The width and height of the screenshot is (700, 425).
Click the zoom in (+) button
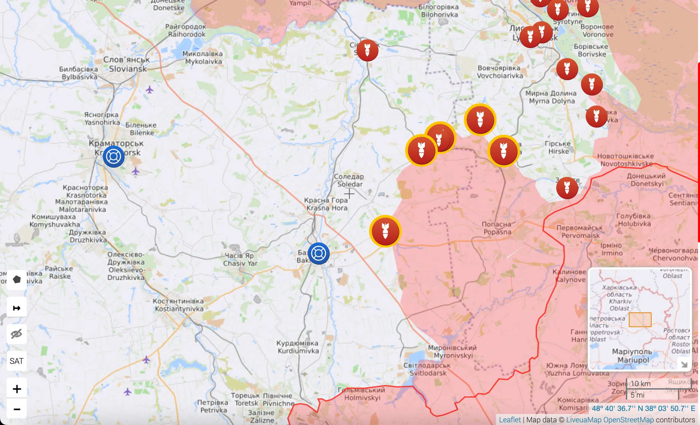17,389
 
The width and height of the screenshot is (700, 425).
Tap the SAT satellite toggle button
16,361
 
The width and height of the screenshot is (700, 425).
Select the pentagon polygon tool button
17,279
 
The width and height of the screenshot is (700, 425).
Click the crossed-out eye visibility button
16,334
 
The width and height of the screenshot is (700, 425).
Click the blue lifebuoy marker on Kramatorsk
114,156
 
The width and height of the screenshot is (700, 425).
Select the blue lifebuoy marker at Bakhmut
319,254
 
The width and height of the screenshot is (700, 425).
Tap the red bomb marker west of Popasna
385,231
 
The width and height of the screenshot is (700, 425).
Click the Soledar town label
349,180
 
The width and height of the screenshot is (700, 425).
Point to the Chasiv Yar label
240,260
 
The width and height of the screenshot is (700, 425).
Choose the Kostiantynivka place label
179,305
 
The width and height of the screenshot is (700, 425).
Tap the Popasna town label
497,228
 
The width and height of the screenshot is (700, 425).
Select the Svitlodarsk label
427,369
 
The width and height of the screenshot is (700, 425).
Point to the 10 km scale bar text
641,384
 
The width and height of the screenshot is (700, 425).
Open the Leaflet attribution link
510,420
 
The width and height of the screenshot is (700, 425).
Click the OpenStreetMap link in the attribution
629,420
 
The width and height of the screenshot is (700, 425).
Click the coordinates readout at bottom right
643,408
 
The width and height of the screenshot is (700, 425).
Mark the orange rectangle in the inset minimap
640,320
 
